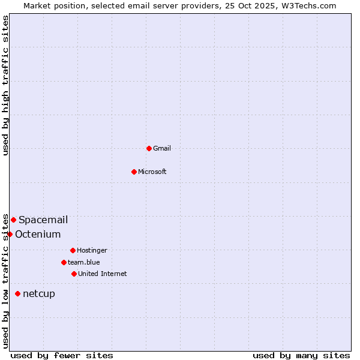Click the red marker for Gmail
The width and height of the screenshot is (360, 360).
tap(149, 148)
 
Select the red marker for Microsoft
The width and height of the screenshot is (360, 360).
tap(134, 172)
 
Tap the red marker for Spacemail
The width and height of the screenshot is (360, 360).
tap(13, 220)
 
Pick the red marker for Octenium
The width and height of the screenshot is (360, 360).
tap(10, 234)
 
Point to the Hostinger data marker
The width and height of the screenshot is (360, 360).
tap(73, 250)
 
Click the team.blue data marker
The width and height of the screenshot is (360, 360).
tap(64, 262)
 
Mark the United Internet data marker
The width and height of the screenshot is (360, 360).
tap(74, 274)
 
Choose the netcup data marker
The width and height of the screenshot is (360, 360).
tap(17, 293)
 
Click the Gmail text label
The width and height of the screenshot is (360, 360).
tap(162, 148)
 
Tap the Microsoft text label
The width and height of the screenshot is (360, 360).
tap(152, 172)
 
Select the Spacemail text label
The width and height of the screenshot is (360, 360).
tap(43, 220)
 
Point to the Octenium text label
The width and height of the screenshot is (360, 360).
tap(38, 234)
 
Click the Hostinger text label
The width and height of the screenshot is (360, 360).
tap(92, 250)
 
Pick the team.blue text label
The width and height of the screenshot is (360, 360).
tap(84, 262)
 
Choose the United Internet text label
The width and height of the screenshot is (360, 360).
tap(103, 274)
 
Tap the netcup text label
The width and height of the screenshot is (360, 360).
tap(39, 293)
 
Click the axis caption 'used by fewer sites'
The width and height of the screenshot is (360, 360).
tap(62, 355)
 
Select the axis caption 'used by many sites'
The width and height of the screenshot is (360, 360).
tap(301, 355)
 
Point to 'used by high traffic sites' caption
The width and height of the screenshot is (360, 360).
tap(5, 85)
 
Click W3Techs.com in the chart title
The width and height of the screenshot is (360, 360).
tap(308, 5)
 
